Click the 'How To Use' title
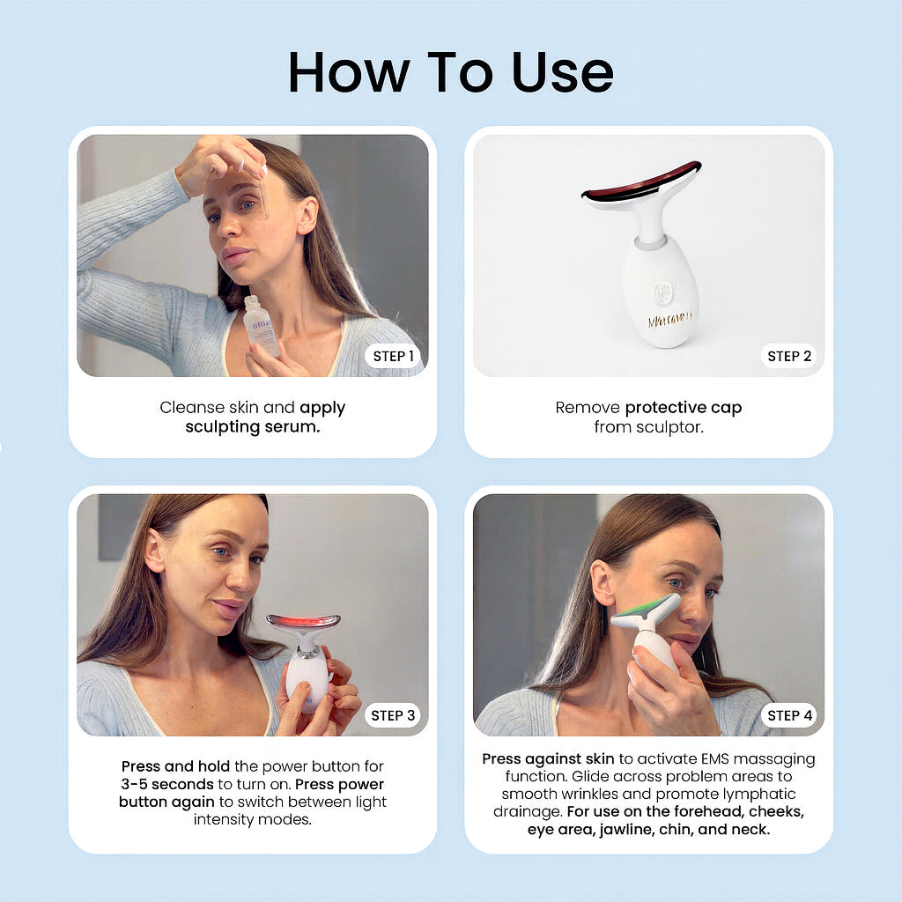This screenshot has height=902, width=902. [450, 72]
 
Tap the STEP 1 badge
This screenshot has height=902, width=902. [394, 356]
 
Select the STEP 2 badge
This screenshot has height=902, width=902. [789, 356]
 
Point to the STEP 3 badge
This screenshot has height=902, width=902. [393, 715]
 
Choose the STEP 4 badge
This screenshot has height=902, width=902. [789, 715]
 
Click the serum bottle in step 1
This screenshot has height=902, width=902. [261, 326]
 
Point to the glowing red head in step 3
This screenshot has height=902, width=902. [303, 622]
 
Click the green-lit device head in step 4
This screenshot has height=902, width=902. [647, 609]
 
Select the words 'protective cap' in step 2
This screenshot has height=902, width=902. [684, 408]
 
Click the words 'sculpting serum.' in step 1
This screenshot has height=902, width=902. [253, 427]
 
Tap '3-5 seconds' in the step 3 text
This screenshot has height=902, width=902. [167, 784]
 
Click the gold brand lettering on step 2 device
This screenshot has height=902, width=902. [669, 319]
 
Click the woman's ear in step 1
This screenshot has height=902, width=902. [307, 216]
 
